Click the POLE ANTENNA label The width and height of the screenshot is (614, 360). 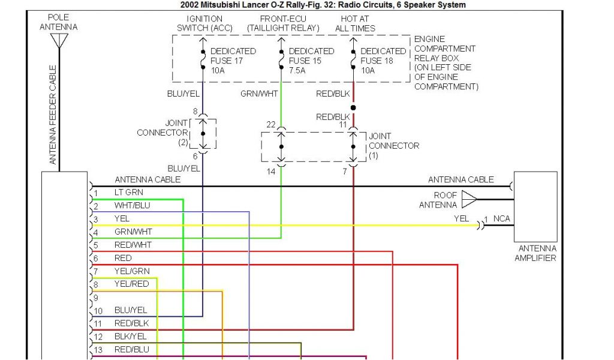(x=58, y=22)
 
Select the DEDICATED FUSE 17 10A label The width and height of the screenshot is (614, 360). (x=233, y=61)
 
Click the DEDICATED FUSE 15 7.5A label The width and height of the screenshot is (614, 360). (x=311, y=61)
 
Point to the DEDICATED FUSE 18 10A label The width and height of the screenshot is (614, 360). (x=383, y=61)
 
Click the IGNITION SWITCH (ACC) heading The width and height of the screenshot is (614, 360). (x=204, y=23)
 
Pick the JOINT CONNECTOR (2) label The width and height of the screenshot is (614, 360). (x=163, y=133)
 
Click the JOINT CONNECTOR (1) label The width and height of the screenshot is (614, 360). (x=393, y=146)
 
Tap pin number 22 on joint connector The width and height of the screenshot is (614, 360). (x=271, y=124)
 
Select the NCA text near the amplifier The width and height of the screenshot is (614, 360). (x=501, y=218)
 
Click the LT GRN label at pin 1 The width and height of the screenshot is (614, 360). (x=129, y=193)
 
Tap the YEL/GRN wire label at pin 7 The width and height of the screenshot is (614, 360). (x=132, y=271)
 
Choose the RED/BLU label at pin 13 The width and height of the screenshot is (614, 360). (x=132, y=349)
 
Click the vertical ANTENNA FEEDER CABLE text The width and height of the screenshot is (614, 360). (x=53, y=115)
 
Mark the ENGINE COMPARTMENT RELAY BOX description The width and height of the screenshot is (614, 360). (x=446, y=63)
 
